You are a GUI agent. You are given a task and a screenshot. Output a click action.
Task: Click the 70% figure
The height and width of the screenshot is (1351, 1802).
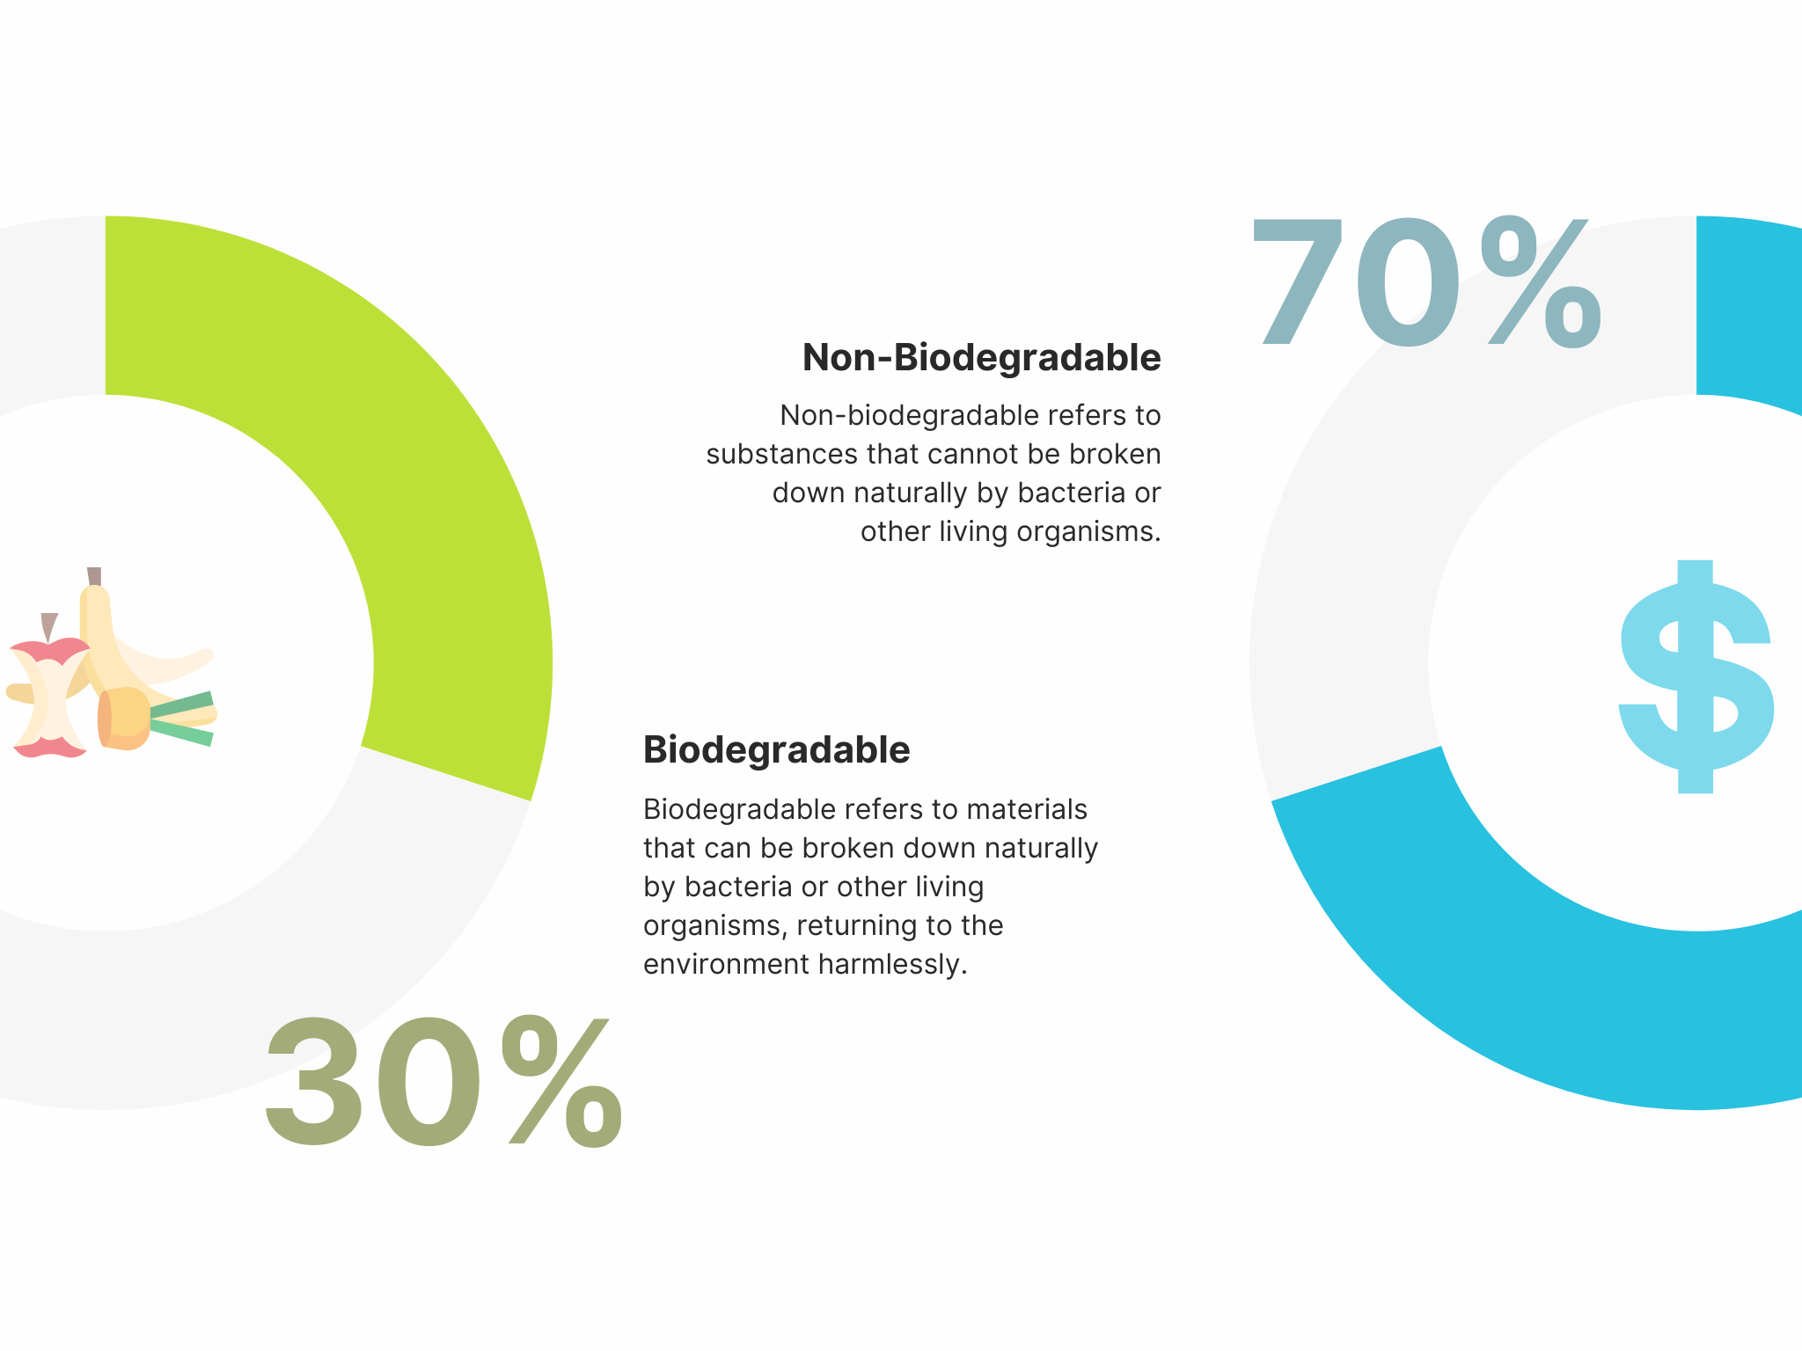[x=1425, y=283]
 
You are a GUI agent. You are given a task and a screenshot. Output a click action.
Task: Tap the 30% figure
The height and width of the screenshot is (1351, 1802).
[x=443, y=1082]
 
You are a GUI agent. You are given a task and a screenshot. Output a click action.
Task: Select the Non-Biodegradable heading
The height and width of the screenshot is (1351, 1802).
[x=982, y=358]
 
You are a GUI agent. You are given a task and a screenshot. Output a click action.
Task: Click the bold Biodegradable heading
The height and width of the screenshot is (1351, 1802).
[x=777, y=750]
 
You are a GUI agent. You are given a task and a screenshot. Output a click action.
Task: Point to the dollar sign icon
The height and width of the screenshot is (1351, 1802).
[x=1696, y=676]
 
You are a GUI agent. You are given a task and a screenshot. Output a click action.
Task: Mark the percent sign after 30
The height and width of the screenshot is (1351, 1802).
[x=562, y=1082]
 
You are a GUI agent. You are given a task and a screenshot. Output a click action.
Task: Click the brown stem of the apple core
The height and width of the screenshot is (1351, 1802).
[x=49, y=626]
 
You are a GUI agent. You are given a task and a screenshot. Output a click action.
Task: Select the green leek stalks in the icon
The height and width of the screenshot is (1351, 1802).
[x=181, y=719]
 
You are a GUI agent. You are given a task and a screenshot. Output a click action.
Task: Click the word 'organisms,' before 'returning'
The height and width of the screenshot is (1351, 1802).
[x=715, y=927]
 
